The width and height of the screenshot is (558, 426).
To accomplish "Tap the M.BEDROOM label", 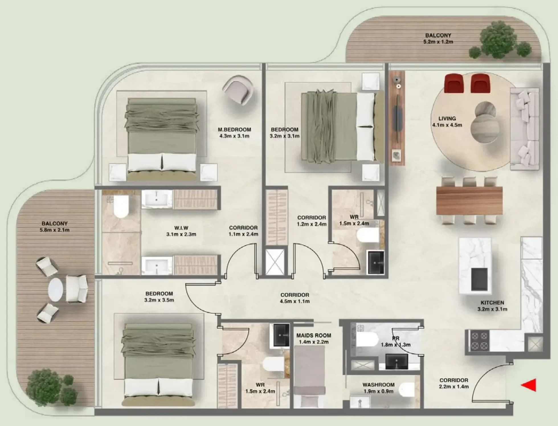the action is pos(234,130).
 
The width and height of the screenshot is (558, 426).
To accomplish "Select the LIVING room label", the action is pos(447,119).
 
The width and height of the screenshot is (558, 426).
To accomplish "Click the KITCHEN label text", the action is pos(492,303).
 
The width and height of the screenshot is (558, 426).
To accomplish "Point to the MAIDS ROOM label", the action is pos(314,335).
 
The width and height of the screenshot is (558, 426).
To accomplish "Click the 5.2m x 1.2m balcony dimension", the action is pos(438,42).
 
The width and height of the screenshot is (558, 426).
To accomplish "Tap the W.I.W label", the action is pos(181,228).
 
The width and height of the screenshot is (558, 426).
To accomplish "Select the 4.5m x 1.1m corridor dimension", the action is pos(295,301).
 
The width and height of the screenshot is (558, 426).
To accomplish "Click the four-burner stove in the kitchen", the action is pos(480,340).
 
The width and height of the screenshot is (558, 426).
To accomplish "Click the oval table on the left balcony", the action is pos(56,290).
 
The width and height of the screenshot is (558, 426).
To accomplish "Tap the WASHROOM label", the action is pos(378,385).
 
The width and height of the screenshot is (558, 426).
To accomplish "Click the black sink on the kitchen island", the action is pos(479,279).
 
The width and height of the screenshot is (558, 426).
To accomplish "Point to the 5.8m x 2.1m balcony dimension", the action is pos(54,230).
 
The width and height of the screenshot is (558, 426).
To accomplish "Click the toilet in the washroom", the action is pos(406,390).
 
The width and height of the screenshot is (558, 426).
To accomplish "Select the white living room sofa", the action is pos(524,129).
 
